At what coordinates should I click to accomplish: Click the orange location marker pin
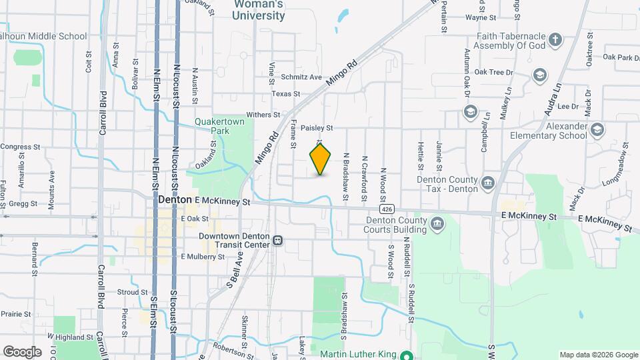click(321, 159)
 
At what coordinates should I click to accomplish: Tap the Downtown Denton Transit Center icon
click(277, 240)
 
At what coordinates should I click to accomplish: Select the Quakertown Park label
click(212, 127)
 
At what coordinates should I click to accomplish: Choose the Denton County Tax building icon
click(489, 183)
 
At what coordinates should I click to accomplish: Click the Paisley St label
click(316, 127)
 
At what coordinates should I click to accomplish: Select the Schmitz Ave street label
click(301, 77)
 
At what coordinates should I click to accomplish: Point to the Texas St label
click(286, 95)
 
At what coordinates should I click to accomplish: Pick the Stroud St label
click(132, 292)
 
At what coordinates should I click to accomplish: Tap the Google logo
click(22, 351)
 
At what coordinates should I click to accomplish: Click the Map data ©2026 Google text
click(598, 355)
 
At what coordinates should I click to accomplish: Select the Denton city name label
click(175, 200)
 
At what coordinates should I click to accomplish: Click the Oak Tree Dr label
click(493, 72)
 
